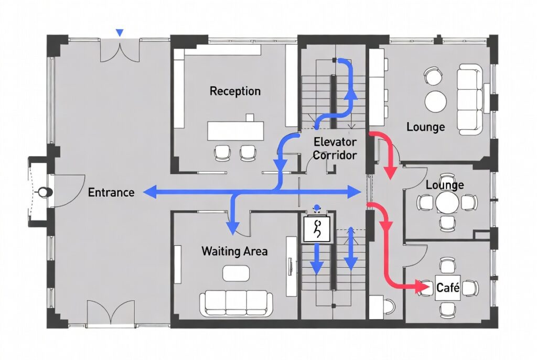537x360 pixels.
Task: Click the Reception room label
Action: click(x=235, y=91)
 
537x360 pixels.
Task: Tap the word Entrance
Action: click(x=111, y=192)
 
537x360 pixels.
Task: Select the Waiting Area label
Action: click(x=234, y=251)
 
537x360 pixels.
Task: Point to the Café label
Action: click(x=448, y=288)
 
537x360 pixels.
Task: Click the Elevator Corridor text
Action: click(x=335, y=148)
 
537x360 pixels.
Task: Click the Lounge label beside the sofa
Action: click(x=426, y=127)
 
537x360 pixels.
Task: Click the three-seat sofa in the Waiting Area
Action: click(x=236, y=303)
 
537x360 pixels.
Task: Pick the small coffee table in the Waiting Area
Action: click(x=236, y=273)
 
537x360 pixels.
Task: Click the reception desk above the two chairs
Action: click(x=235, y=130)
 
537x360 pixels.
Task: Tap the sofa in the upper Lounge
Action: click(x=469, y=99)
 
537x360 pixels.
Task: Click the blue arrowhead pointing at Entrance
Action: click(x=150, y=192)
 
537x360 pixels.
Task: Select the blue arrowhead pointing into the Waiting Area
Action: click(x=233, y=227)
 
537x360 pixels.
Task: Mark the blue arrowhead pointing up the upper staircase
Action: click(x=350, y=94)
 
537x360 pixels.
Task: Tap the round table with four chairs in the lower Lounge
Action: click(x=447, y=203)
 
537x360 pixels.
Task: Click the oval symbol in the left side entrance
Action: click(x=45, y=192)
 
